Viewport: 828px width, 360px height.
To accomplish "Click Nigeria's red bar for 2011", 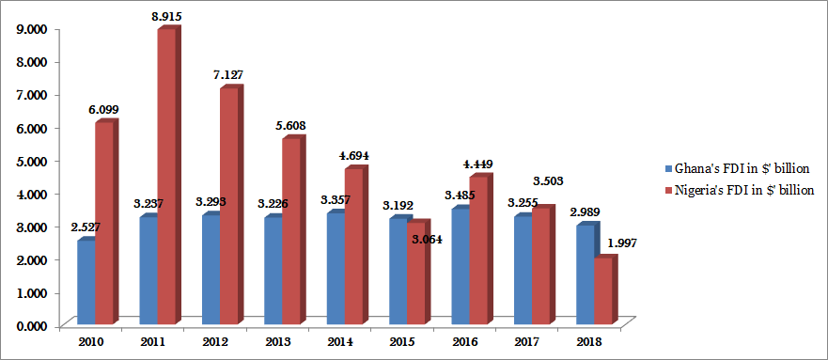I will pyautogui.click(x=166, y=179).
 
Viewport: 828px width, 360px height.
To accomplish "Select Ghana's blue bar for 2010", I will pyautogui.click(x=86, y=282).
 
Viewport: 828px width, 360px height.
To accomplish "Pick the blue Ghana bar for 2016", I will pyautogui.click(x=460, y=267).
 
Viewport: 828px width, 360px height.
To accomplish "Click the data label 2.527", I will pyautogui.click(x=85, y=226).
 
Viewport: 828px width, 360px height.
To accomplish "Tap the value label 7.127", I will pyautogui.click(x=228, y=74).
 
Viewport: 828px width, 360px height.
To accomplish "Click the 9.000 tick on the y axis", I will pyautogui.click(x=31, y=28).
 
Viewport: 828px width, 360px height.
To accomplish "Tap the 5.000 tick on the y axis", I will pyautogui.click(x=31, y=161).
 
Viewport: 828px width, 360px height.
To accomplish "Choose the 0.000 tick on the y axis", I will pyautogui.click(x=31, y=325).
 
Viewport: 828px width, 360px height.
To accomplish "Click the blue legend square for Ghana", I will pyautogui.click(x=666, y=168).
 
